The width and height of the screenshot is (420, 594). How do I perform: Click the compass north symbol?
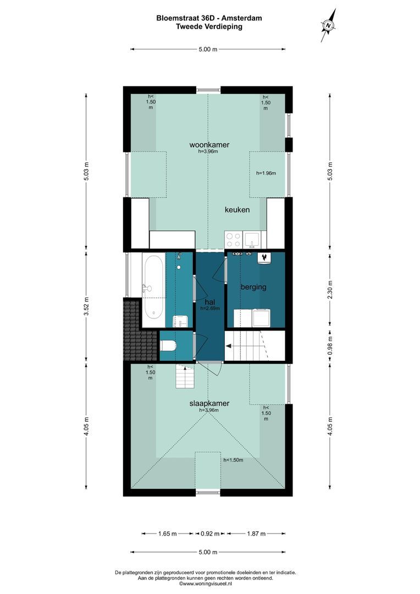(328, 25)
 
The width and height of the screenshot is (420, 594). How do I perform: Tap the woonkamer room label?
(209, 145)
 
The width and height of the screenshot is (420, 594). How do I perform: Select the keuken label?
(237, 210)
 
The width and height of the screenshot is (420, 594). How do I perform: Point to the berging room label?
(253, 287)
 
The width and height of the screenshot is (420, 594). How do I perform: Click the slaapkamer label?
(209, 404)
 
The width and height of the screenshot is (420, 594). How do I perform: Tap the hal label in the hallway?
(210, 302)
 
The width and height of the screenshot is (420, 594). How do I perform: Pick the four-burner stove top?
(233, 240)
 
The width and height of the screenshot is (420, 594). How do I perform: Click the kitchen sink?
(252, 240)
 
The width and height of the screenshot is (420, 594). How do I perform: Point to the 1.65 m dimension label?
(167, 533)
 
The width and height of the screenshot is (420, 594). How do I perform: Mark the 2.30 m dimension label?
(330, 290)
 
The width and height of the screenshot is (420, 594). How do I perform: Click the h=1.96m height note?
(266, 173)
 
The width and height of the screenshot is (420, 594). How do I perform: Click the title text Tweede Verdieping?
(209, 26)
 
